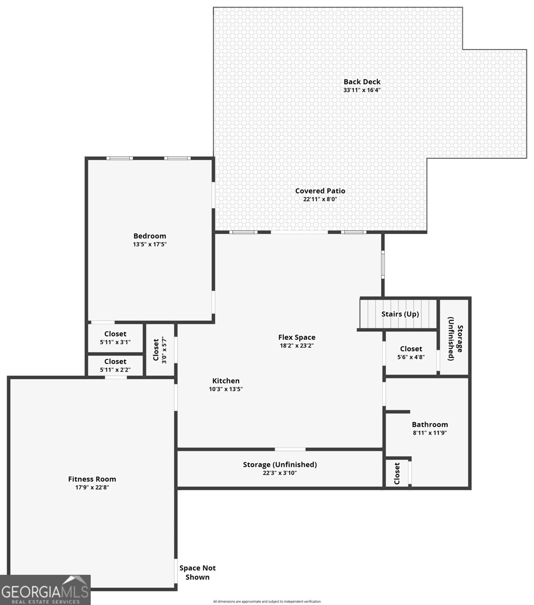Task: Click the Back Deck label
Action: [x=362, y=82]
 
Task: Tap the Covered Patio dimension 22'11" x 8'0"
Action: [x=320, y=199]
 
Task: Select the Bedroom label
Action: [x=149, y=236]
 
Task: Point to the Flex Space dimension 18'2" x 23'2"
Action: [x=297, y=346]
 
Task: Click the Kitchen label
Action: [x=226, y=381]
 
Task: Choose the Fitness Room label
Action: [x=92, y=479]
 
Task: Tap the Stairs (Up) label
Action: [x=400, y=314]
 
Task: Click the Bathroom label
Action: [x=430, y=425]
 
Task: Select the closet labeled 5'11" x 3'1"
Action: [x=115, y=338]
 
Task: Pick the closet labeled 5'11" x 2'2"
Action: [x=115, y=366]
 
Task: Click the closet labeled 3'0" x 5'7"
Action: [x=159, y=349]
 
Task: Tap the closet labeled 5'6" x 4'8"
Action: [x=411, y=352]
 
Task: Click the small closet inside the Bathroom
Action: [x=397, y=473]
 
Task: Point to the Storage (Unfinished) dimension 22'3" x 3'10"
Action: [x=280, y=473]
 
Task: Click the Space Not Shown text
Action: [x=197, y=572]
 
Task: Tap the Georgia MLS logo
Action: [x=45, y=590]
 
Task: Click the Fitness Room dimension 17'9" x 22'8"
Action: [x=92, y=488]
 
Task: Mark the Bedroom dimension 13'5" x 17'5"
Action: [x=149, y=244]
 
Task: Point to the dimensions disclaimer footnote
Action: [x=266, y=601]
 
